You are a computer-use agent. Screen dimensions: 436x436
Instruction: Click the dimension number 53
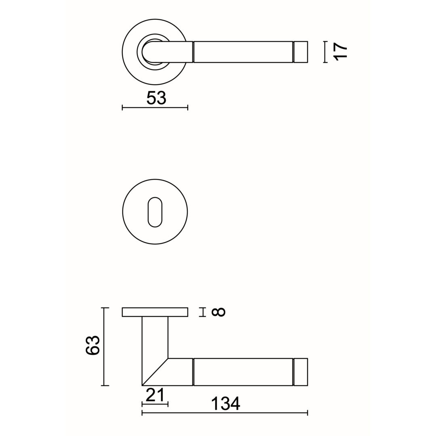pyautogui.click(x=156, y=98)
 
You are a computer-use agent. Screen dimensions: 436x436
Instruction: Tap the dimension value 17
pyautogui.click(x=341, y=52)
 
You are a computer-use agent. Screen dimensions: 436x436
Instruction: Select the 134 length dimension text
pyautogui.click(x=226, y=404)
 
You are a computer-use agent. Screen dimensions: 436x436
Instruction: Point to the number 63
pyautogui.click(x=92, y=345)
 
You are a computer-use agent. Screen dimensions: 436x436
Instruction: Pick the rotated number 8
pyautogui.click(x=218, y=312)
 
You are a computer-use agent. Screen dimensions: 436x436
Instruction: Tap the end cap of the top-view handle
pyautogui.click(x=301, y=52)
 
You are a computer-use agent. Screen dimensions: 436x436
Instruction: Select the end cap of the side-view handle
pyautogui.click(x=301, y=372)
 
